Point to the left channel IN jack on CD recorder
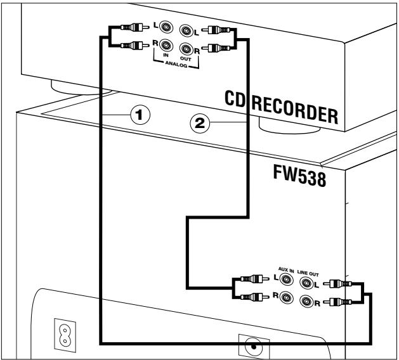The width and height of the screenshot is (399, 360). [166, 28]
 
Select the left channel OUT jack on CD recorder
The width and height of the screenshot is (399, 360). [186, 29]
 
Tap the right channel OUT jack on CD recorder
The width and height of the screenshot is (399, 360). [186, 47]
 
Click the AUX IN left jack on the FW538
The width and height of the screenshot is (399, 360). [288, 278]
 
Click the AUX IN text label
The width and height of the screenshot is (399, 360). [286, 269]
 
